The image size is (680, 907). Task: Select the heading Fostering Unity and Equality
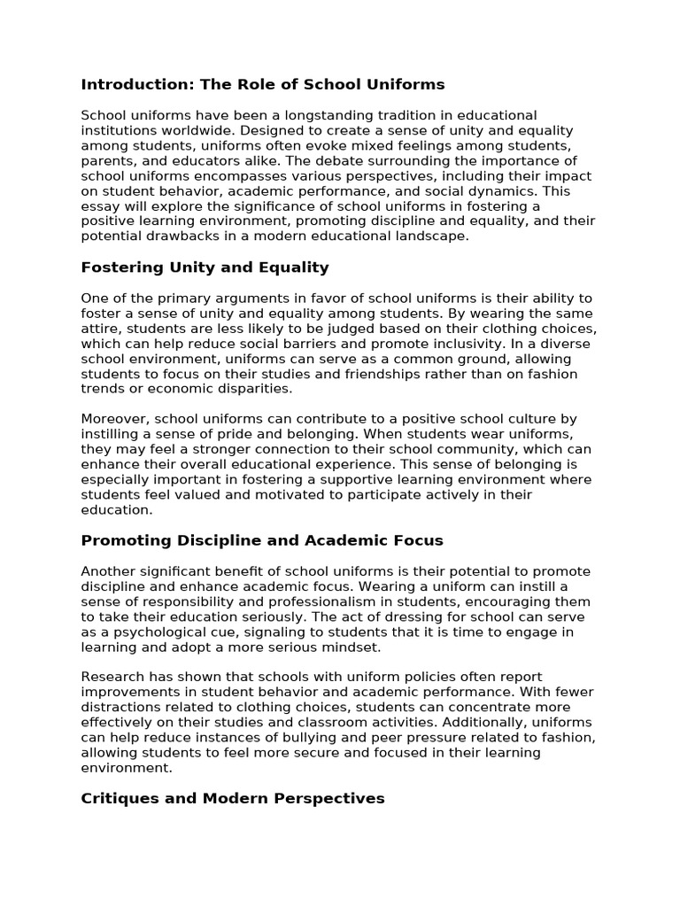(205, 267)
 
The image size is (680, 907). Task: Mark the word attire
(100, 329)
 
